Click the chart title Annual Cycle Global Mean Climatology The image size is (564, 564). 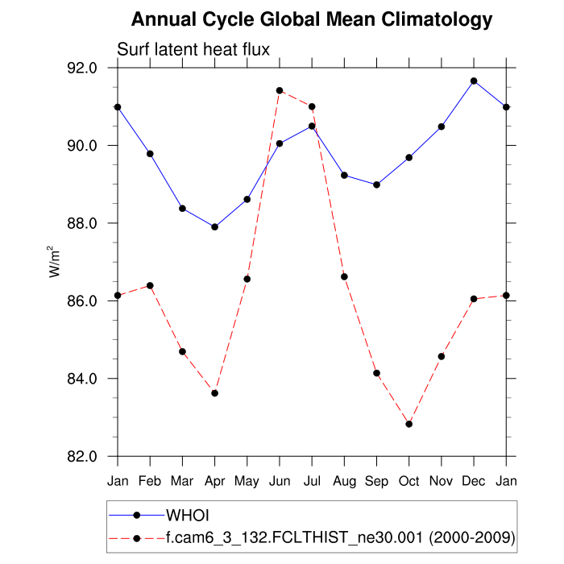point(312,19)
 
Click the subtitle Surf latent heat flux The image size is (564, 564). point(193,49)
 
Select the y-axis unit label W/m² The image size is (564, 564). point(56,261)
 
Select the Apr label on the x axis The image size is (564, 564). point(214,482)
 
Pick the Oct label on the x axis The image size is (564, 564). point(408,482)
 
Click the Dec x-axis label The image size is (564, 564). point(474,482)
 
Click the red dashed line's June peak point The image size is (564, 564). point(280,90)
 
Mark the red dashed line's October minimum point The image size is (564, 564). point(408,424)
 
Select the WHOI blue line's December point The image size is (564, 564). point(474,81)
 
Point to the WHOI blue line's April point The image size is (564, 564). point(214,227)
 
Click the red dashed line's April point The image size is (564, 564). point(214,393)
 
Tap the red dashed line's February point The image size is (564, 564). point(150,285)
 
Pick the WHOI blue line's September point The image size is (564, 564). point(376,185)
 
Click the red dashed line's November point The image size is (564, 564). point(442,356)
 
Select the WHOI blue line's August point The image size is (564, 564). point(344,175)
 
